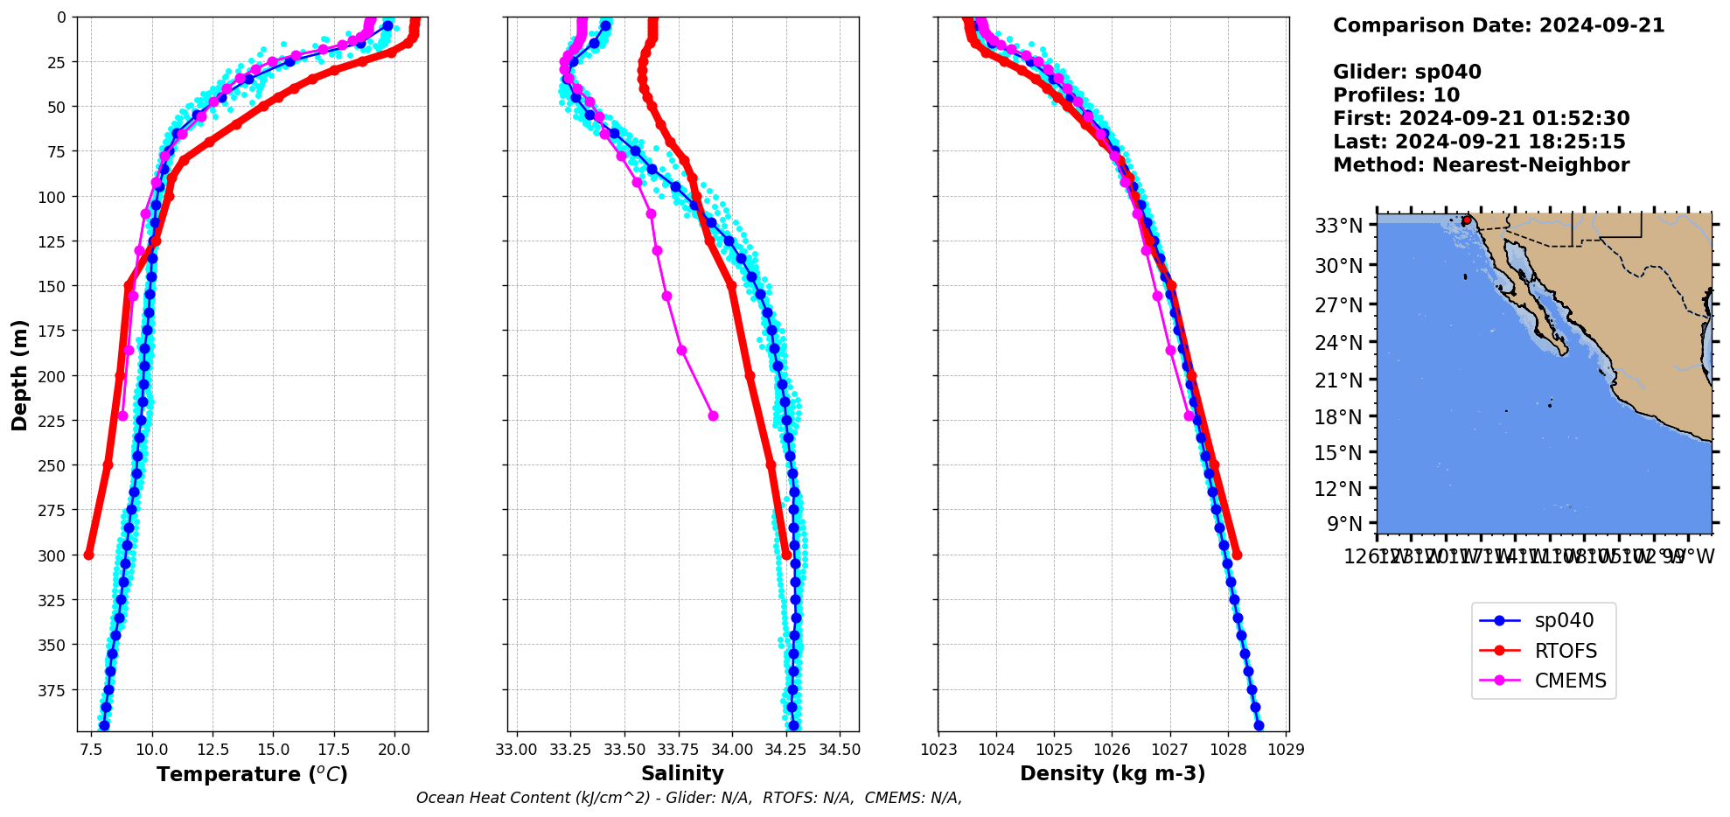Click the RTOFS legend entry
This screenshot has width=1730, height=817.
tap(1565, 651)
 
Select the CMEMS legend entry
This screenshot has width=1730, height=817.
tap(1570, 681)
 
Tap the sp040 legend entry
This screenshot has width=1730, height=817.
tap(1564, 621)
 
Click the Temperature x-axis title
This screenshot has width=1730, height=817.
tap(252, 774)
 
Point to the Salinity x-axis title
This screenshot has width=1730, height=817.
tap(682, 773)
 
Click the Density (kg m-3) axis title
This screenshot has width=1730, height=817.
tap(1113, 773)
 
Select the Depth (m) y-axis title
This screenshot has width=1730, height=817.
tap(19, 374)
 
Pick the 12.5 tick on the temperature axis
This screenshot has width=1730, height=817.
tap(213, 750)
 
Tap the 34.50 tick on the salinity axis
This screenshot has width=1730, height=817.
tap(840, 750)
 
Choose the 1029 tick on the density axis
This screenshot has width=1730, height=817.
tap(1285, 750)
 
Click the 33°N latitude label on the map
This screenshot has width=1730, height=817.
tap(1338, 227)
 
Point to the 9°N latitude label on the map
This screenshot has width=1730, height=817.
tap(1344, 524)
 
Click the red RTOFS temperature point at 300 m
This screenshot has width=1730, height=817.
tap(88, 555)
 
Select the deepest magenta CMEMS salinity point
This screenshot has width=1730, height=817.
tap(713, 415)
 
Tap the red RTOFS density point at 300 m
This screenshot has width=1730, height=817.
tap(1237, 555)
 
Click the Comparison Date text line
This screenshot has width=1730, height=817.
tap(1498, 25)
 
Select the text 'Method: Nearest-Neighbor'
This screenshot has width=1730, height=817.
tap(1481, 165)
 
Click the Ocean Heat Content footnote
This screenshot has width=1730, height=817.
tap(688, 798)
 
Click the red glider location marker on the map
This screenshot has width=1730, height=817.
tap(1467, 220)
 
